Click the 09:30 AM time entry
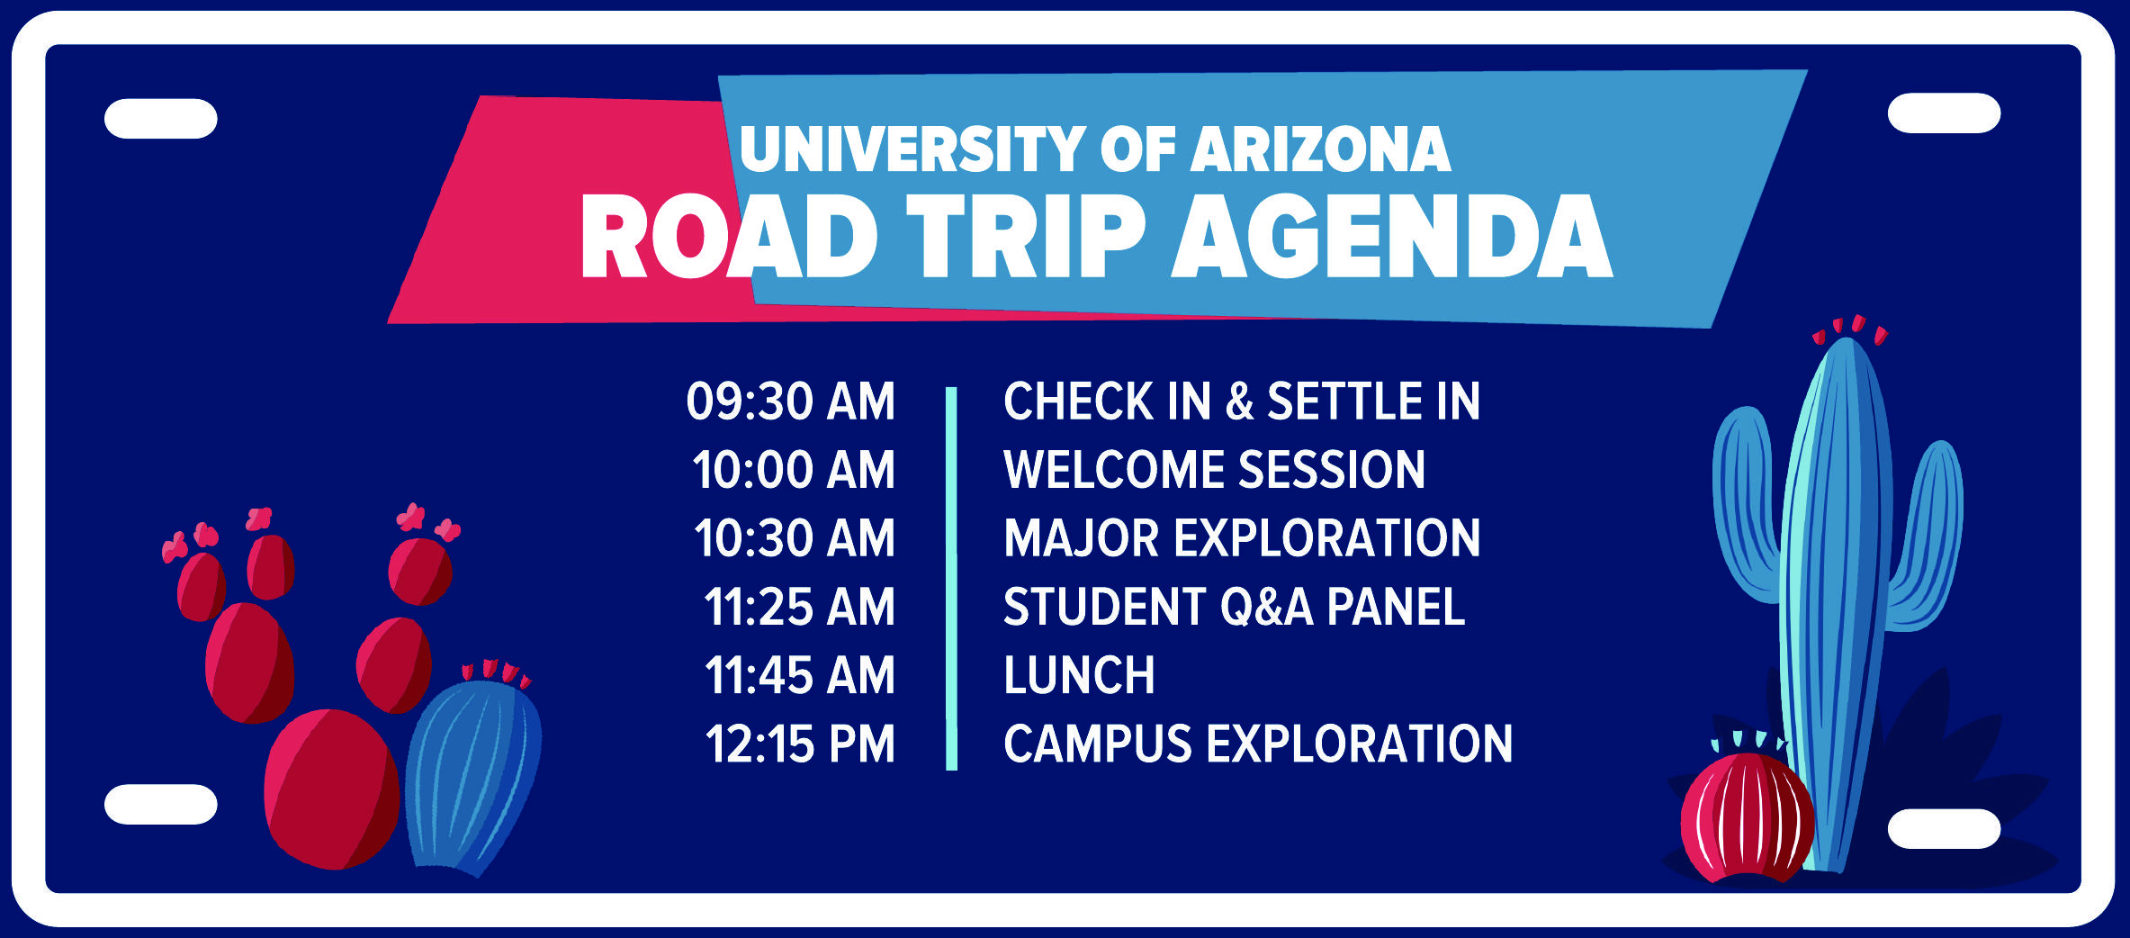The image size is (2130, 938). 790,401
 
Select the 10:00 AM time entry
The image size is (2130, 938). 794,470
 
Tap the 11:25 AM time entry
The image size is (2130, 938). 799,607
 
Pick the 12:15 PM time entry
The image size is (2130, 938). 800,744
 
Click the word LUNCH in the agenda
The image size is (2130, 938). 1079,675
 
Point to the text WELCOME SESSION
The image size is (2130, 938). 1214,470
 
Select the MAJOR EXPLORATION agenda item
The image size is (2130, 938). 1241,538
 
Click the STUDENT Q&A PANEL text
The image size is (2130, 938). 1234,607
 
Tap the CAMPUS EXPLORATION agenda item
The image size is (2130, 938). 1257,744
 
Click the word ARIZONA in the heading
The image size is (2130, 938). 1321,149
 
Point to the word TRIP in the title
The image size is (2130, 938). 1026,236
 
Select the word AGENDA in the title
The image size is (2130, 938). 1391,236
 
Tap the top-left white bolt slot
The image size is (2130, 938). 161,119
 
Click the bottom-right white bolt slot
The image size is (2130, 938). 1944,828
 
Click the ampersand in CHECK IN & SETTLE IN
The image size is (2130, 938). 1239,401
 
